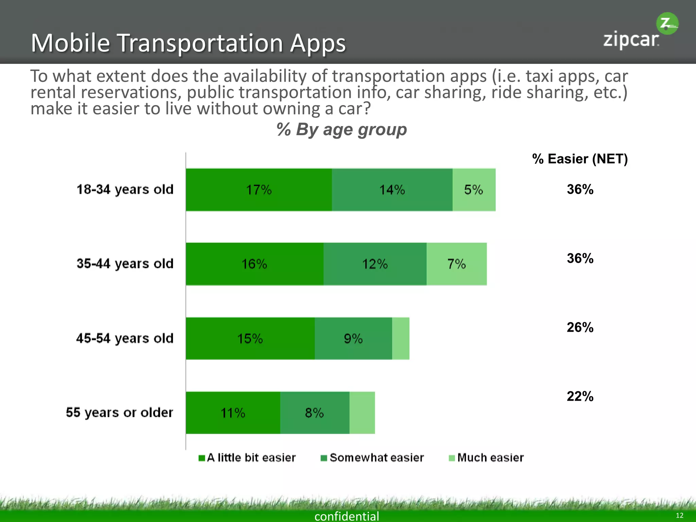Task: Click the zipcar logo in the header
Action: point(639,32)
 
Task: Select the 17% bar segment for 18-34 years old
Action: point(259,190)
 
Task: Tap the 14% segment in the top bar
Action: point(392,190)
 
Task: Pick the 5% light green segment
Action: point(474,190)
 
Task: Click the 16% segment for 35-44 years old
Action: point(254,264)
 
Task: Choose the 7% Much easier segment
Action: point(456,264)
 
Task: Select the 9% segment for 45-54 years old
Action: point(353,338)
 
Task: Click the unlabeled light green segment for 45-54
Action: point(401,338)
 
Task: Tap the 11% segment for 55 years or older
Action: point(233,413)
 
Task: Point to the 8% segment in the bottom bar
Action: point(314,413)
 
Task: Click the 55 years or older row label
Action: point(119,413)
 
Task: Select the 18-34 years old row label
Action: point(125,189)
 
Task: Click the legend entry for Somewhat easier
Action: point(372,458)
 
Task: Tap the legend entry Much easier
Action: point(486,458)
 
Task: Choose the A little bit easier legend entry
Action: point(247,458)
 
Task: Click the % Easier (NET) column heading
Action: point(580,159)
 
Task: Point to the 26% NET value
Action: point(580,327)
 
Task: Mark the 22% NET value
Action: point(580,396)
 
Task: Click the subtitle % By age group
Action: point(342,129)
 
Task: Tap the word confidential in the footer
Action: point(347,516)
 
